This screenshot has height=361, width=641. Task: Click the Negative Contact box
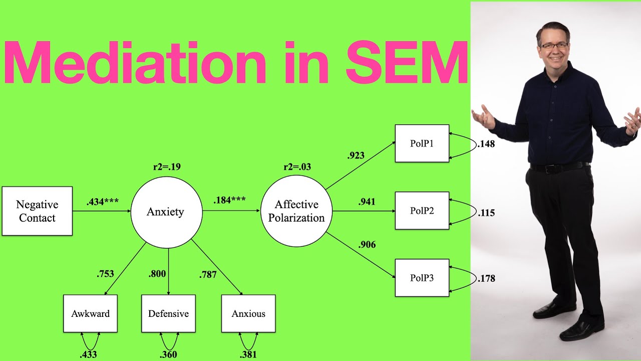[x=37, y=211]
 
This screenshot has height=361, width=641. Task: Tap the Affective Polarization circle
[x=296, y=211]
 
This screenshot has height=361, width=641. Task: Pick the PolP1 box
[x=422, y=143]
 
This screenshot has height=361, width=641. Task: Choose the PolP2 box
[x=422, y=211]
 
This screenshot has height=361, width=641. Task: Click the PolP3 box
[x=422, y=278]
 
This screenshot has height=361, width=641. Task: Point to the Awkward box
[x=90, y=314]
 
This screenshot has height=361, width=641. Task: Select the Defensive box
[x=168, y=314]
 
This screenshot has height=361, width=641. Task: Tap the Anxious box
[x=248, y=314]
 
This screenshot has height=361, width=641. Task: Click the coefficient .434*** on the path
[x=102, y=202]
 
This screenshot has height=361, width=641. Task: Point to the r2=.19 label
[x=167, y=166]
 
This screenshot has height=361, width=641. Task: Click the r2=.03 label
[x=297, y=166]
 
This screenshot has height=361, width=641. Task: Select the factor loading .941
[x=367, y=202]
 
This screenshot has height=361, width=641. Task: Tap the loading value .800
[x=157, y=274]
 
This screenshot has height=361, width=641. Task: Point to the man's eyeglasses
[x=554, y=46]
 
